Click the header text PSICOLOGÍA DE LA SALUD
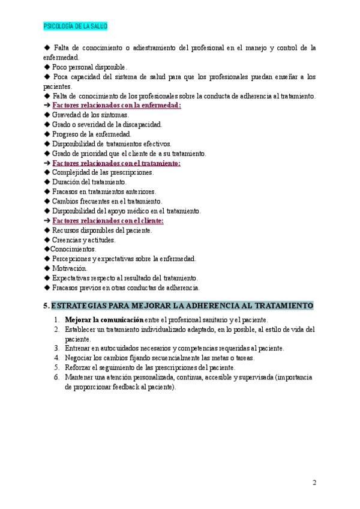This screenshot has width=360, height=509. pos(76,27)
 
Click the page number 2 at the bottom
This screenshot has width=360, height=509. pos(314,482)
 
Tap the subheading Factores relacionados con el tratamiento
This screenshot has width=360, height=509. pos(116,163)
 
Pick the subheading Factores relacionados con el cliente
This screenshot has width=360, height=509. pos(108,221)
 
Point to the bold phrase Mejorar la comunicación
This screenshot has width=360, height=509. pos(104,320)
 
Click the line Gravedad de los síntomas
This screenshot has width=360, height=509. pos(90,115)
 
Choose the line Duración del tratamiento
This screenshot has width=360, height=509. pos(89,182)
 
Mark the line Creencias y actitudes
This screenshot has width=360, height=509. pos(83,239)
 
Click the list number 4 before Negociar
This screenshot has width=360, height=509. pos(56,358)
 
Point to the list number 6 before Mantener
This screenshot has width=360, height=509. pos(56,377)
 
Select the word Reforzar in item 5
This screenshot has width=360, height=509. pos(79,367)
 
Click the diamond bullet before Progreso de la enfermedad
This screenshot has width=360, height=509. pos(47,134)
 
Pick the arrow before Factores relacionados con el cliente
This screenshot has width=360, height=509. pos(47,221)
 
